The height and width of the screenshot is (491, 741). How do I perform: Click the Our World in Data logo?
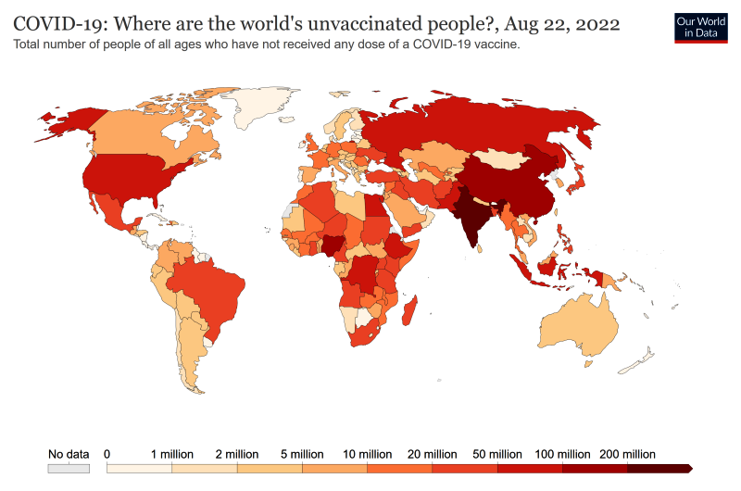point(700,27)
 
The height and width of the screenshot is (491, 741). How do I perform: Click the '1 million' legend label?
point(172,455)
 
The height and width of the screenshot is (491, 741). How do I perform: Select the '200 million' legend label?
point(629,455)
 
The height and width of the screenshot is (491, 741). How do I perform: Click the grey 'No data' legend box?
point(69,470)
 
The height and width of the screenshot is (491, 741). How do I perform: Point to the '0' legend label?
point(107,455)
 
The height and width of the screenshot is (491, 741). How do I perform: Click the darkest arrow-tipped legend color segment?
point(659,470)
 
